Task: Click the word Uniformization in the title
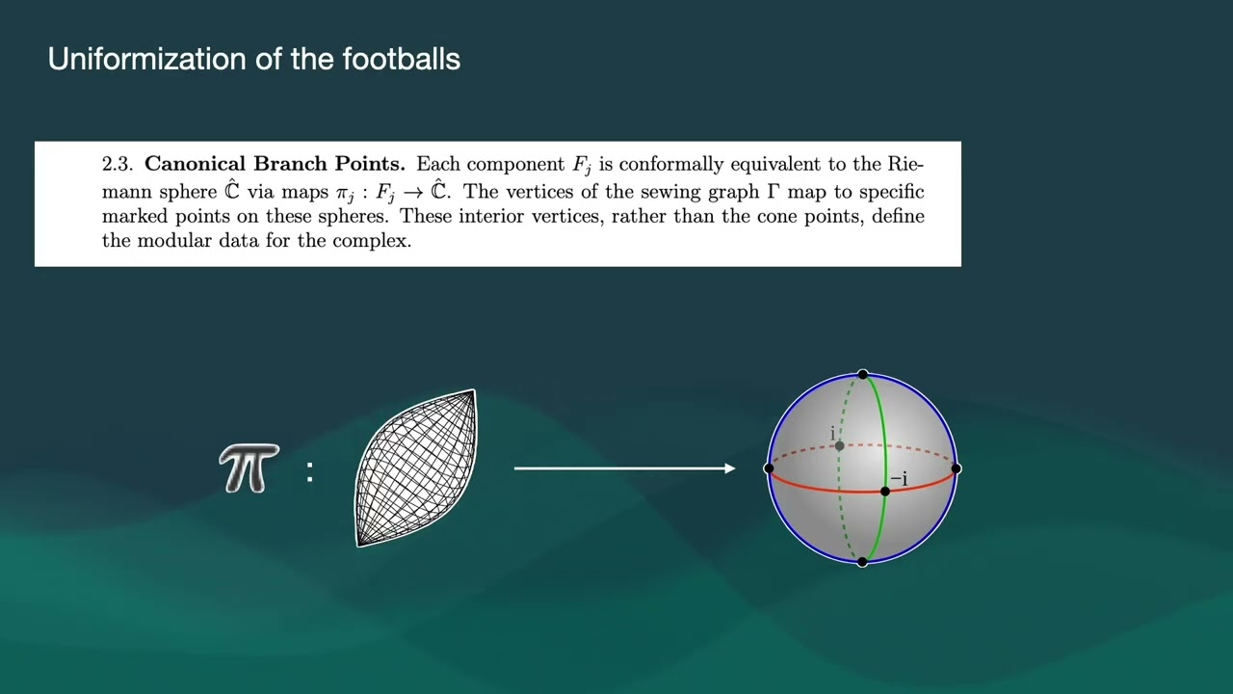[x=147, y=59]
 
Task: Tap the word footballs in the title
[x=402, y=59]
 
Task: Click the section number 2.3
[x=118, y=164]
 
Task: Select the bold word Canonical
[x=195, y=164]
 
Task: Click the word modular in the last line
[x=174, y=240]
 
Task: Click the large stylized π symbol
[x=249, y=468]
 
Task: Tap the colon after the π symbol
[x=310, y=471]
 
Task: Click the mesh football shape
[x=416, y=468]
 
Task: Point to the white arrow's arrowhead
[x=730, y=468]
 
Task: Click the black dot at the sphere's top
[x=863, y=375]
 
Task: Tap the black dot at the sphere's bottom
[x=862, y=562]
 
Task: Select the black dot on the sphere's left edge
[x=769, y=468]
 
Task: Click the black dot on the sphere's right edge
[x=957, y=468]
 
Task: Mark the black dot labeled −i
[x=885, y=492]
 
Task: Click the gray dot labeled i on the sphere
[x=839, y=445]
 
